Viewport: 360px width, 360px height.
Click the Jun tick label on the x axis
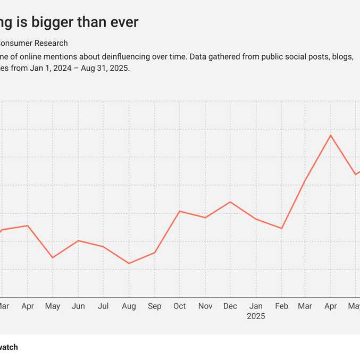pos(78,306)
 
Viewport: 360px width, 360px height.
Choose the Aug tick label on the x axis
pos(129,306)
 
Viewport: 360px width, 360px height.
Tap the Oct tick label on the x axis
pos(180,306)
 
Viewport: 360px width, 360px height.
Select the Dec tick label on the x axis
pos(230,306)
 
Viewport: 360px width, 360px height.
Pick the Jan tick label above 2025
pos(256,306)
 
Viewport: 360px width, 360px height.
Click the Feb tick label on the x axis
pos(281,306)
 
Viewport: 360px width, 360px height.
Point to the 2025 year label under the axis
pos(256,316)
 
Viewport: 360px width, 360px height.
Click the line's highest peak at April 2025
pos(331,135)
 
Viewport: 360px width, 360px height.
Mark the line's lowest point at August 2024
pos(129,263)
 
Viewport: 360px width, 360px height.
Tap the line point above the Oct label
pos(180,211)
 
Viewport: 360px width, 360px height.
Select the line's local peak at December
pos(230,202)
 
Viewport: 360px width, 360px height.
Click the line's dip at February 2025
pos(281,229)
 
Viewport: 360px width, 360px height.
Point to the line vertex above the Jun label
pos(78,240)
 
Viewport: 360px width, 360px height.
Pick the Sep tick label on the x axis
pos(155,306)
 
